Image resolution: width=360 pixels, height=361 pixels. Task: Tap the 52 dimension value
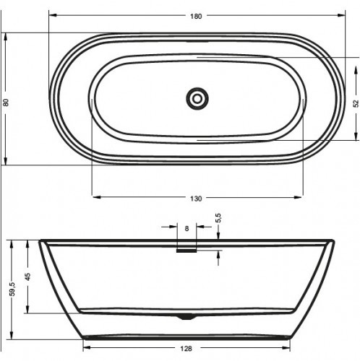pos(356,103)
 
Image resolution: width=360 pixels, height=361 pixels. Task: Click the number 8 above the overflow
pos(187,228)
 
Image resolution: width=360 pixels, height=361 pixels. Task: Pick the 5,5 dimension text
pos(218,216)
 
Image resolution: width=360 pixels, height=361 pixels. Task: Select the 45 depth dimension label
pos(27,276)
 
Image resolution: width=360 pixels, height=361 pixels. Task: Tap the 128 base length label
pos(186,349)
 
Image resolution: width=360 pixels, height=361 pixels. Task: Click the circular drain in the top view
pos(196,98)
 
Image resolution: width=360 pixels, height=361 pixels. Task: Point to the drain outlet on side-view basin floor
pos(187,316)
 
